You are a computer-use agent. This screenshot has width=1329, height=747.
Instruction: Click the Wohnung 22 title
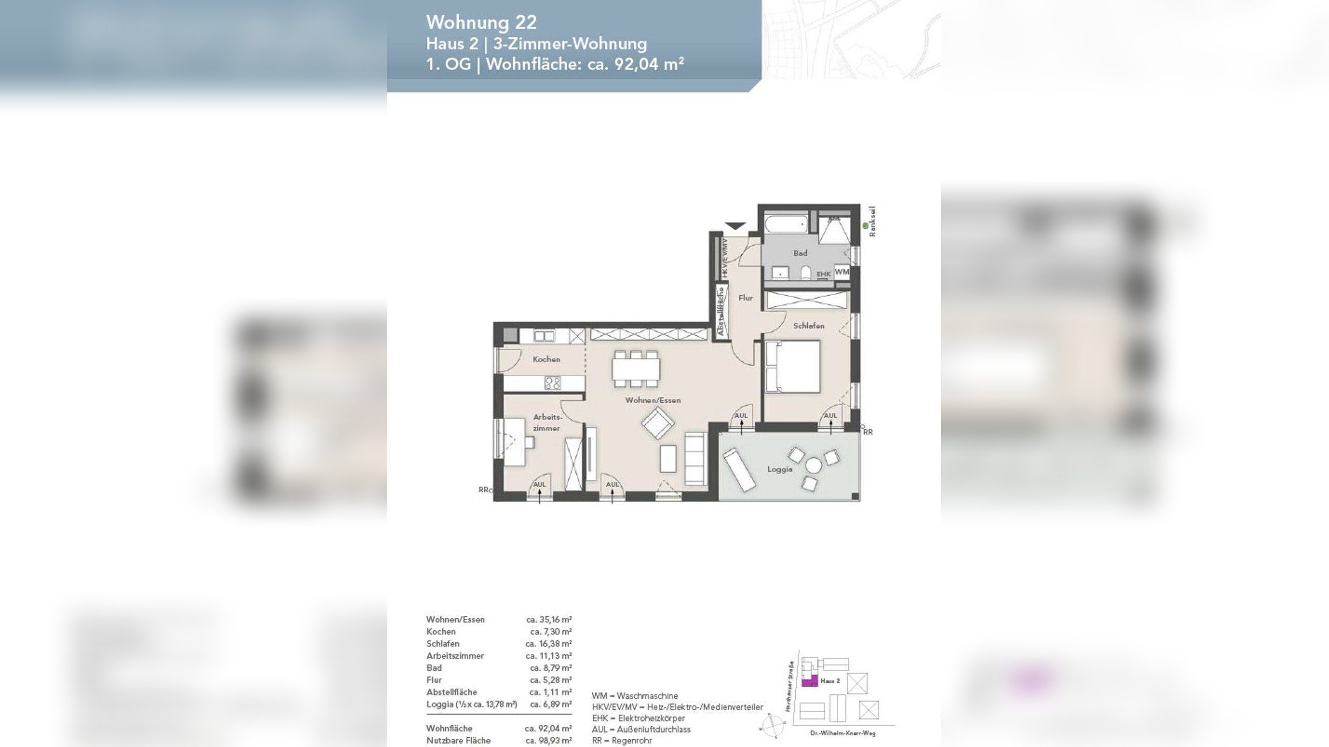pos(481,22)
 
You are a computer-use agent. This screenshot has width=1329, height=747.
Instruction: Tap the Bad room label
pos(800,253)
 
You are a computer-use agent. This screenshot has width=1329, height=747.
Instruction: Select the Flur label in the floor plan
pos(745,298)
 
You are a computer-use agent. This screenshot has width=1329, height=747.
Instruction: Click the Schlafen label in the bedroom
pos(808,326)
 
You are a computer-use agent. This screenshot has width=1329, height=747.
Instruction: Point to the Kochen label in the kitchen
pos(546,359)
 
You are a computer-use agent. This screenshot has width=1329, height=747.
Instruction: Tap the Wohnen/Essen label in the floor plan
pos(653,400)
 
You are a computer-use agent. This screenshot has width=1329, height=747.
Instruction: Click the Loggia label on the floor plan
pos(779,469)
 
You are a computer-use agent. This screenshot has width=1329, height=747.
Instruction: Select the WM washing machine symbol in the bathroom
pos(842,272)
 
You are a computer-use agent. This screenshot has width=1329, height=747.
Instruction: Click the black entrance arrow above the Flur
pos(735,226)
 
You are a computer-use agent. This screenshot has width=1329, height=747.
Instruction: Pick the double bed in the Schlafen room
pos(793,366)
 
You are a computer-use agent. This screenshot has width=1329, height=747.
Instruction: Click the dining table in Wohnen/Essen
pos(636,369)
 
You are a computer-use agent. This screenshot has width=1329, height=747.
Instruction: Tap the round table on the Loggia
pos(813,465)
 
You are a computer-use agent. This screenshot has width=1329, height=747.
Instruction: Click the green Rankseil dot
pos(865,225)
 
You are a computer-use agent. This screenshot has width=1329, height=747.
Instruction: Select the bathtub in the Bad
pos(786,225)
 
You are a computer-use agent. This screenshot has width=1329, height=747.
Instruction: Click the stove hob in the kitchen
pos(552,383)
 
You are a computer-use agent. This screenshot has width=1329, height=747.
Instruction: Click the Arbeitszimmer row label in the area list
pos(455,656)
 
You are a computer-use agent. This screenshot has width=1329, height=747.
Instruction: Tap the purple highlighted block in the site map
pos(809,682)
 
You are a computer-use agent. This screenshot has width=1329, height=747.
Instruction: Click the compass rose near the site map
pos(771,726)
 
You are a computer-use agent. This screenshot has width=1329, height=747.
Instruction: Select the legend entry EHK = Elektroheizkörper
pos(638,718)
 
